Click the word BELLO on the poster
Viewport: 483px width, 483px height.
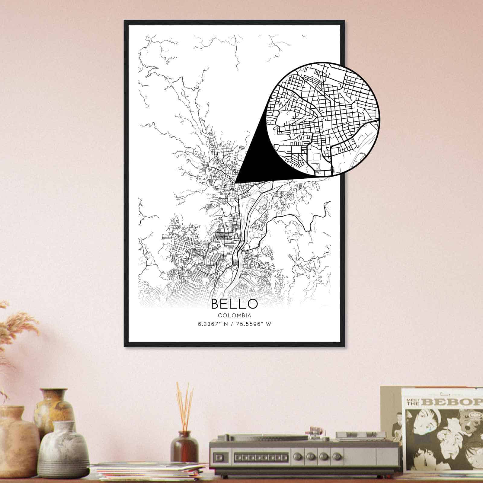[x=234, y=304]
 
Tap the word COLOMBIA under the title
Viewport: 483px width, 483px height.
[x=234, y=315]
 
